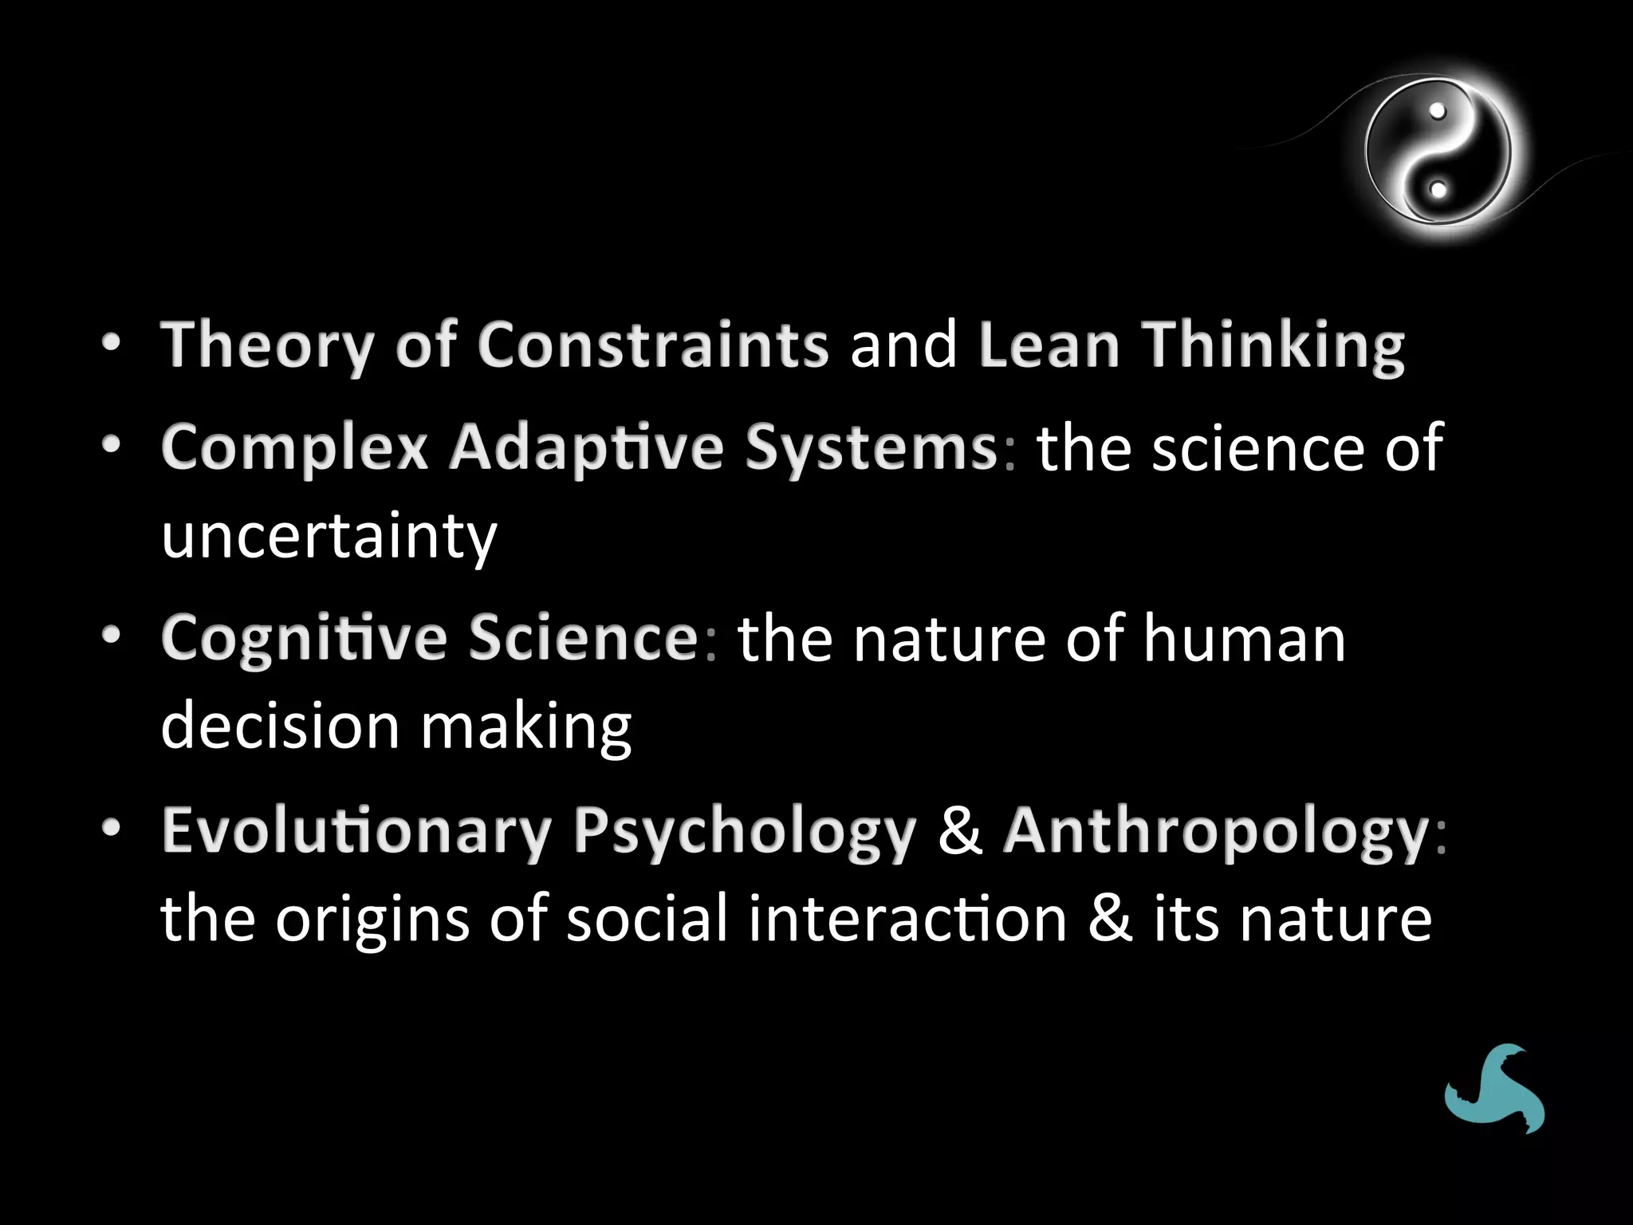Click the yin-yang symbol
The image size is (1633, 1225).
(x=1438, y=151)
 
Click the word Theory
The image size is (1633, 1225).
(x=267, y=345)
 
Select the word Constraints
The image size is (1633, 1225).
(x=653, y=345)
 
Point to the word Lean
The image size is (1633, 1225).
(x=1049, y=345)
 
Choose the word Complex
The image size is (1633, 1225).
(x=295, y=447)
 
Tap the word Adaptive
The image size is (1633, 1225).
(x=587, y=447)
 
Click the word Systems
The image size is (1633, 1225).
(x=871, y=447)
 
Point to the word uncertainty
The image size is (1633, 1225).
(x=329, y=536)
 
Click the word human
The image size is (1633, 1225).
(x=1245, y=638)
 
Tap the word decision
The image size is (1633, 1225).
(x=280, y=726)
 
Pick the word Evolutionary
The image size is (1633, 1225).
(x=356, y=830)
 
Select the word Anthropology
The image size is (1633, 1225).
(x=1216, y=830)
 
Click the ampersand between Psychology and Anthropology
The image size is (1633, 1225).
(x=960, y=830)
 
